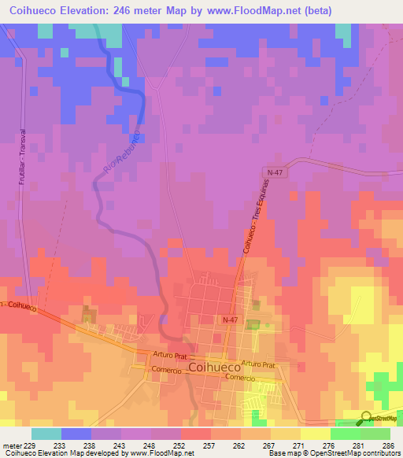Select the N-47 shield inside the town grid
point(229,319)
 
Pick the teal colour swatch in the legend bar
point(46,433)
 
